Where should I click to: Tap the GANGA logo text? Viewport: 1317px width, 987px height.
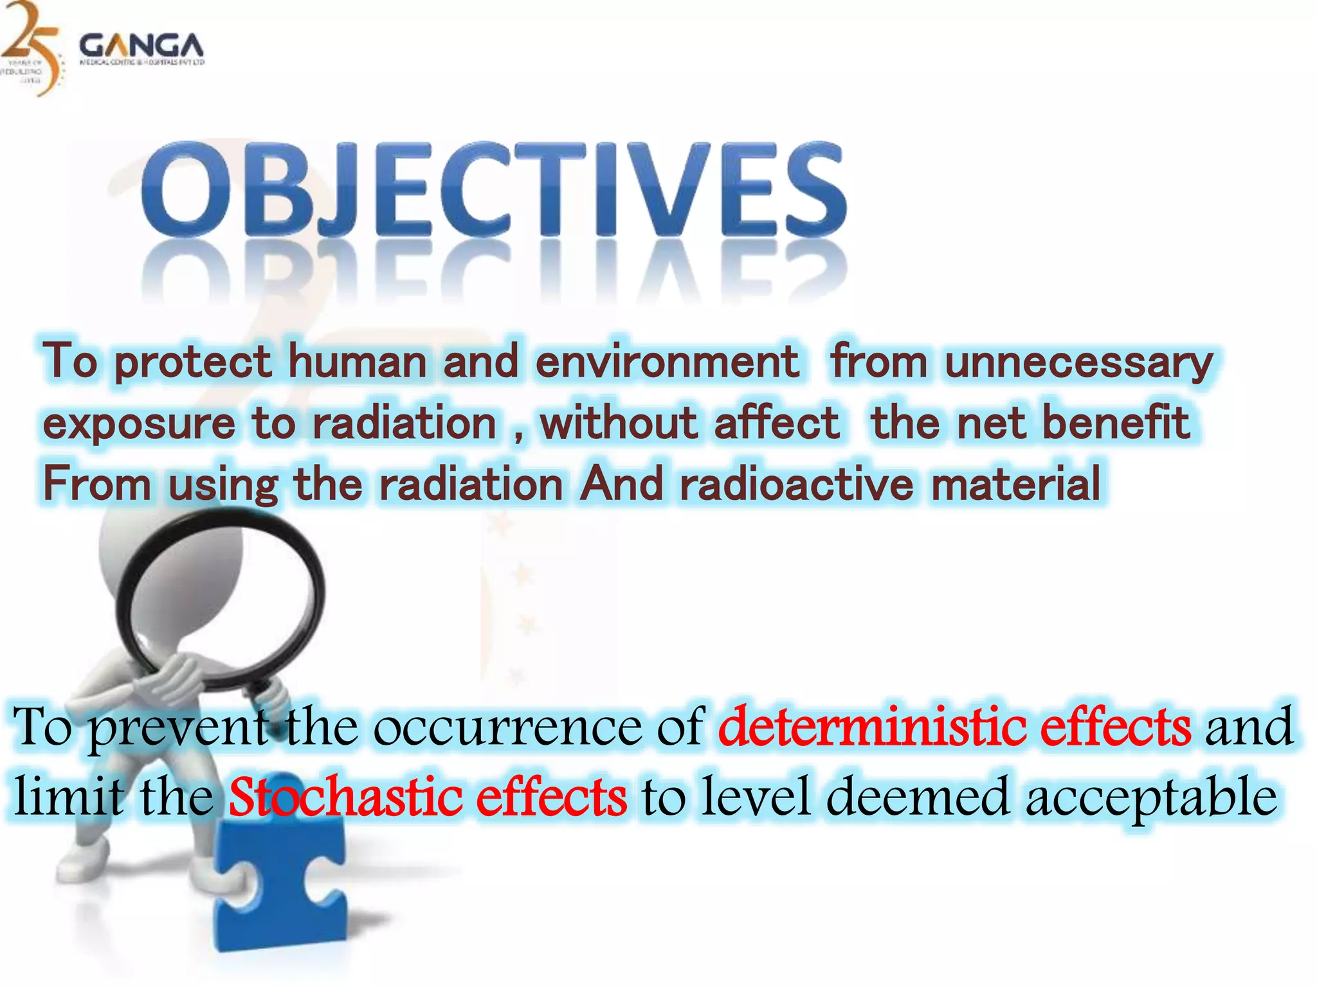(x=141, y=46)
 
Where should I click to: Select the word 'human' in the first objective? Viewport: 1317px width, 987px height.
(x=358, y=362)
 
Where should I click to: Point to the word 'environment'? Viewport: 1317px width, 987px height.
(x=667, y=362)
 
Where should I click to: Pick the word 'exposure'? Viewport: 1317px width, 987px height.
(x=139, y=424)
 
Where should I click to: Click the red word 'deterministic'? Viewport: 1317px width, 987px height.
(x=872, y=727)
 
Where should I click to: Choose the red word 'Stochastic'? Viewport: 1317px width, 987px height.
(x=345, y=797)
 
